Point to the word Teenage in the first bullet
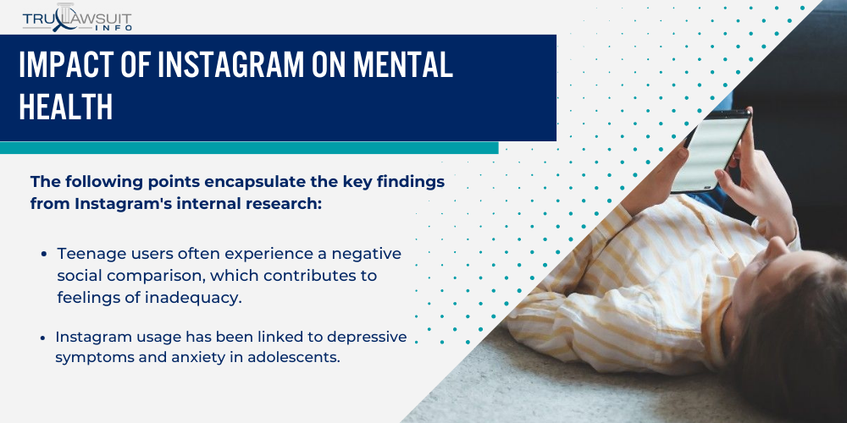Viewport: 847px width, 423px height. point(88,253)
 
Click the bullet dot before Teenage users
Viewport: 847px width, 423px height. point(43,254)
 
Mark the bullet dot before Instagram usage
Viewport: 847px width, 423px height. point(43,338)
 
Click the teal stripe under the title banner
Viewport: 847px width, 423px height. point(246,147)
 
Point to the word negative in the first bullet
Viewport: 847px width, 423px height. point(351,253)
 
